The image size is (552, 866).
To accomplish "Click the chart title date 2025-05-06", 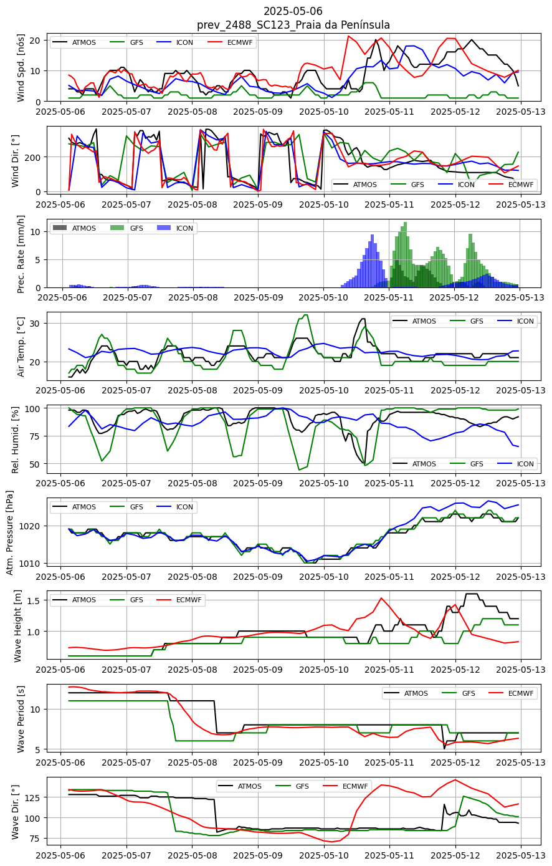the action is [293, 11].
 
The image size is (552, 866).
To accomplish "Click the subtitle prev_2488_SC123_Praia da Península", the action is [293, 25].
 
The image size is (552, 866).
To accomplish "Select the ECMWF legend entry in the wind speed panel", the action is [231, 42].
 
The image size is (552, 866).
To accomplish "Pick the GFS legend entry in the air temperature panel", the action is [467, 321].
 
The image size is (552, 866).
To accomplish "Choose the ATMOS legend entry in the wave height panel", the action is [74, 600].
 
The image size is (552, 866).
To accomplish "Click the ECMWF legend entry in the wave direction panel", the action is [345, 786].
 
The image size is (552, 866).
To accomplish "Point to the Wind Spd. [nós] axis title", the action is [21, 68].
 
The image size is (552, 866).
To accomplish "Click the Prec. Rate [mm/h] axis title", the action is [21, 254].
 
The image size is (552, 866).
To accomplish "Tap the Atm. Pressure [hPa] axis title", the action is [10, 532].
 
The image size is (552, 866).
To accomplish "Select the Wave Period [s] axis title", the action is [21, 718].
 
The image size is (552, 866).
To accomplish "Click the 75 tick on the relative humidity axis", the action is [35, 436].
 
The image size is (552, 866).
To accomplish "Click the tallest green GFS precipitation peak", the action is [405, 223].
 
